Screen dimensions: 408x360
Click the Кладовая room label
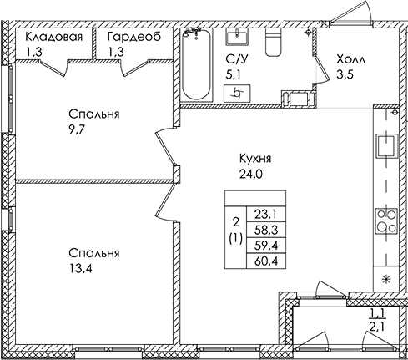tap(54, 37)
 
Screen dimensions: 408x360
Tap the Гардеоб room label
tap(134, 37)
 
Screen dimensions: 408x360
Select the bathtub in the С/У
tap(196, 65)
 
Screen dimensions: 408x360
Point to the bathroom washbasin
tap(238, 37)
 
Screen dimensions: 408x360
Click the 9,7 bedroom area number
tap(77, 129)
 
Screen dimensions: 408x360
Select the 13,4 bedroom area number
tap(81, 269)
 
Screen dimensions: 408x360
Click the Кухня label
tap(255, 159)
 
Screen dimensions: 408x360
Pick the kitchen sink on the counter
tap(387, 145)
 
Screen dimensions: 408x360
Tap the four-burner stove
tap(387, 221)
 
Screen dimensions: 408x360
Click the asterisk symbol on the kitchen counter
tap(385, 279)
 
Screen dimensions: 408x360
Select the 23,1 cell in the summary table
tap(266, 215)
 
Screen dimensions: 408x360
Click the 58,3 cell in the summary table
tap(266, 231)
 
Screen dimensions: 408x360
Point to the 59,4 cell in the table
tap(266, 246)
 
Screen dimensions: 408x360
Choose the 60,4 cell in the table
tap(266, 261)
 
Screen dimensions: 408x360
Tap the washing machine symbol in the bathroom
tap(238, 94)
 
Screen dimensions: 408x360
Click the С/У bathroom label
tap(237, 59)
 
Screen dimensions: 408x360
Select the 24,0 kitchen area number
tap(250, 175)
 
